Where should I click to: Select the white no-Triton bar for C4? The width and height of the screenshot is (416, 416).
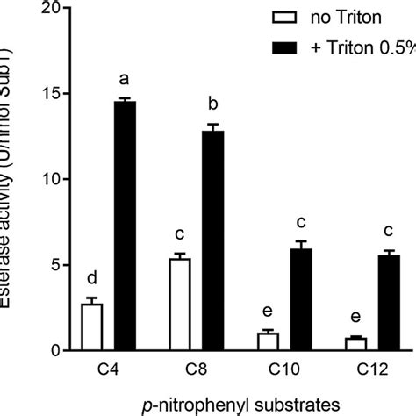[x=91, y=327]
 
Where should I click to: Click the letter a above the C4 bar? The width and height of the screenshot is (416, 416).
[x=125, y=82]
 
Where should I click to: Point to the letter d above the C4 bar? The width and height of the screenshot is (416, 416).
[x=91, y=280]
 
